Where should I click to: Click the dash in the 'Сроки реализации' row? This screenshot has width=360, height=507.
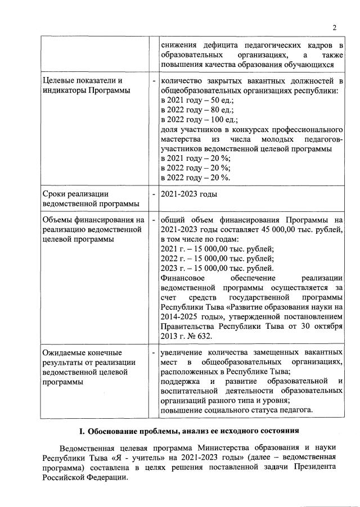pos(154,194)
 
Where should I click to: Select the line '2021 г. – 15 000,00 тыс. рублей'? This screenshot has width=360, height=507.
pos(217,249)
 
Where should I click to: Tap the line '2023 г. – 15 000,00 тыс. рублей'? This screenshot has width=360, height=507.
pos(217,269)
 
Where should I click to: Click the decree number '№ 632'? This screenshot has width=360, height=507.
pos(199,336)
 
